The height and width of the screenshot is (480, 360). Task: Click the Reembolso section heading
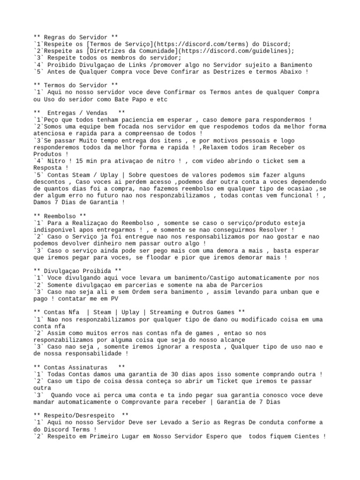tap(61, 217)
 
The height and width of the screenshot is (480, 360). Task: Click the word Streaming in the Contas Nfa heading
tap(154, 312)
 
